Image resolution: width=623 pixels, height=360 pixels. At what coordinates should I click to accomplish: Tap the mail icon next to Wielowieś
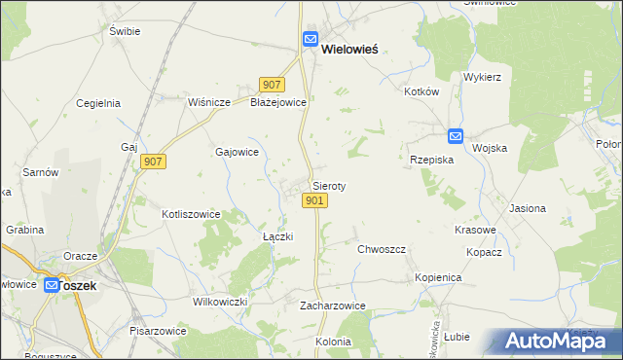[311, 40]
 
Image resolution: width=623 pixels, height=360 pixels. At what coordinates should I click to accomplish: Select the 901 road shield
[313, 200]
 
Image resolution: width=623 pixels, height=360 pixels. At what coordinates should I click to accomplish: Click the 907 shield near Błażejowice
[272, 85]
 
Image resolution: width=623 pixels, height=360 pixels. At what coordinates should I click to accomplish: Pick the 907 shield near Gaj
[154, 162]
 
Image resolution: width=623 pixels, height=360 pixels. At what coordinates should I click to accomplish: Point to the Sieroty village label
[329, 185]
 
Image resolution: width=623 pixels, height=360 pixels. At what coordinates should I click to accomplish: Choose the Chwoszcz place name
[381, 249]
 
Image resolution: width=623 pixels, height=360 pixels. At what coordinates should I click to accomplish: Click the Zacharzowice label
[333, 306]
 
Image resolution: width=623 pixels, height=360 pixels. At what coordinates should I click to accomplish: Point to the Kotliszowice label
[191, 214]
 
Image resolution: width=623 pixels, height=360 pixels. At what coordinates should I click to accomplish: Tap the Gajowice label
[237, 152]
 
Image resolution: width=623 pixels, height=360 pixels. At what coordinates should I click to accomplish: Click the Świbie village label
[125, 31]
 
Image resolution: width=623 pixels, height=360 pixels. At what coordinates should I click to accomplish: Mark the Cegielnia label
[97, 102]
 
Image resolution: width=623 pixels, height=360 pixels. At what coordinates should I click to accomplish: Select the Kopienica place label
[437, 277]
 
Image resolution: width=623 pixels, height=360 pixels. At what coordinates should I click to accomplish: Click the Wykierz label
[482, 76]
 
